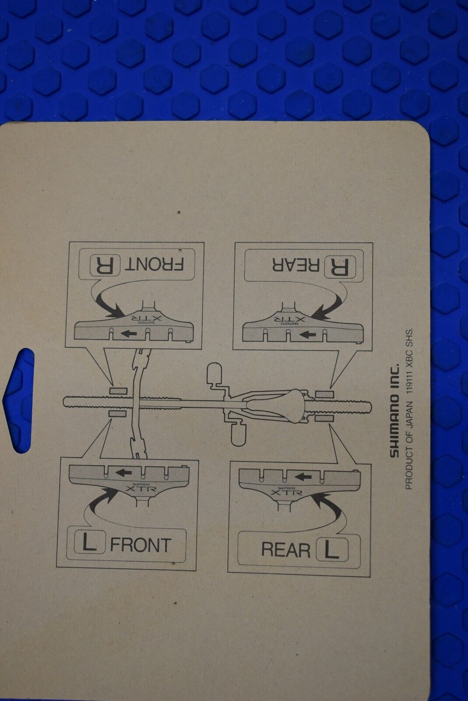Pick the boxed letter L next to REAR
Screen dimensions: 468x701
coord(332,549)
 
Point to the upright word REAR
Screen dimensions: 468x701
coord(285,549)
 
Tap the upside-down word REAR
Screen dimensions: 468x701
coord(296,266)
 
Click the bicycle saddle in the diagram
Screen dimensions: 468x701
coord(275,406)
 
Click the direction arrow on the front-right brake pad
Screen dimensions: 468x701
coord(129,333)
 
